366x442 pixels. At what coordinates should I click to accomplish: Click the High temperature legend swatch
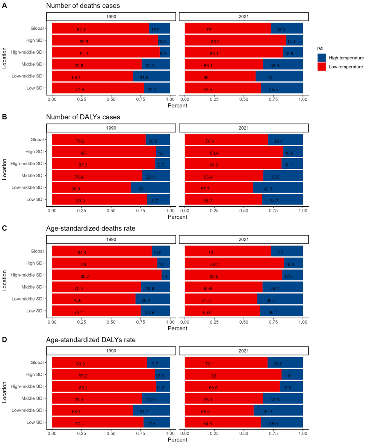322,58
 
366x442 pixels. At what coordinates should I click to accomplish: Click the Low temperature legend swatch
322,67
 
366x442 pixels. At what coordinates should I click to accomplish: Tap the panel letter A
4,6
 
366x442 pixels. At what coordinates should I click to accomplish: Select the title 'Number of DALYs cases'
83,117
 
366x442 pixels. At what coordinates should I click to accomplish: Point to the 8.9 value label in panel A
163,54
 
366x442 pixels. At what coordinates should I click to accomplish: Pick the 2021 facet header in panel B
243,128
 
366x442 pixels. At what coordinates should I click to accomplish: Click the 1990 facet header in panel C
111,239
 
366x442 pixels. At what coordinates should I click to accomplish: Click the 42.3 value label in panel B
278,189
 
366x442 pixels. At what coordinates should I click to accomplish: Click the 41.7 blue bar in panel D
278,410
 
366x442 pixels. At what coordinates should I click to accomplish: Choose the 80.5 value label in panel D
214,387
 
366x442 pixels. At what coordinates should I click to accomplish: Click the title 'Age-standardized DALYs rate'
91,340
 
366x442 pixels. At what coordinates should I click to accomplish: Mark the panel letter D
4,339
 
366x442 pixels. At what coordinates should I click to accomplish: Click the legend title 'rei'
319,48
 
